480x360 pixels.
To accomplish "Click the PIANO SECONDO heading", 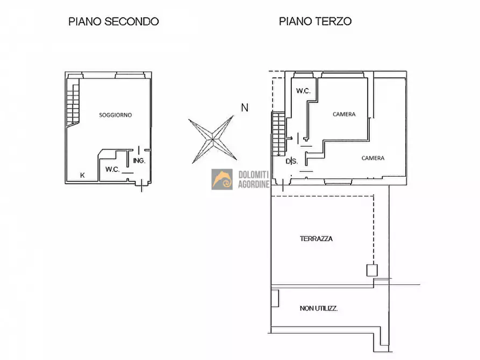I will pos(113,21).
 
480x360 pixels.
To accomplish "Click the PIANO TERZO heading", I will pos(315,21).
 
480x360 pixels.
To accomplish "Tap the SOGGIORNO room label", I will pos(116,115).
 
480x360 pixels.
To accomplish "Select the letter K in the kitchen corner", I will pos(82,175).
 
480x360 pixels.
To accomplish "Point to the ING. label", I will pos(139,161).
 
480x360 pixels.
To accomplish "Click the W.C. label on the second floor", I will pos(112,169).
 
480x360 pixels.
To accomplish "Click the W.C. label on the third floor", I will pos(303,91).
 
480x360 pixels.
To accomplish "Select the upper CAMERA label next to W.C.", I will pos(344,114).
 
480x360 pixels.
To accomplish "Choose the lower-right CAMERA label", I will pos(372,158).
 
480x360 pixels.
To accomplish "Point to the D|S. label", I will pos(291,161).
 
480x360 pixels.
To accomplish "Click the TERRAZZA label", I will pos(316,239).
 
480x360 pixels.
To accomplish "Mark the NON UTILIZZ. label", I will pos(318,308).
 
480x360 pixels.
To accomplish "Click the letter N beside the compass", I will pos(245,107).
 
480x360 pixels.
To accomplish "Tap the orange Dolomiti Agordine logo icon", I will pos(222,179).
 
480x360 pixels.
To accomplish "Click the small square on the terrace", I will pos(372,270).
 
